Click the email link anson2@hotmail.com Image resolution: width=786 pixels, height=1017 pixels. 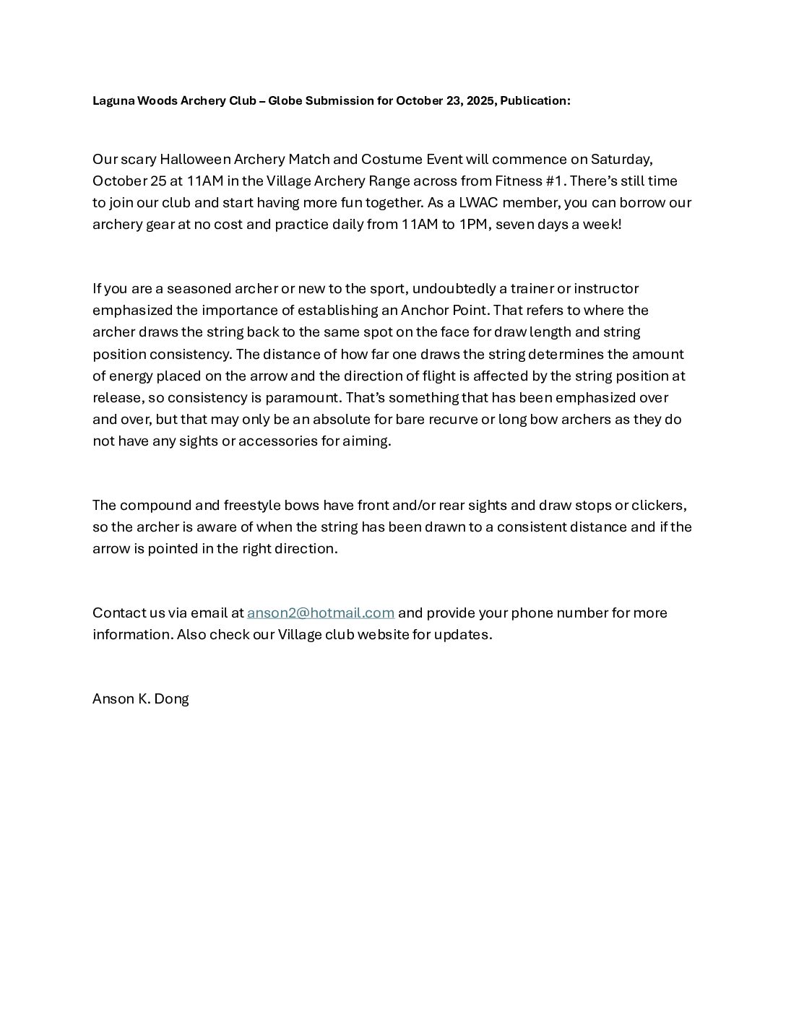[320, 613]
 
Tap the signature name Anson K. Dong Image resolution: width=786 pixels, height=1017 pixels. [141, 698]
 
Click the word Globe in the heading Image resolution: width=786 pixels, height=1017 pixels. [285, 101]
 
